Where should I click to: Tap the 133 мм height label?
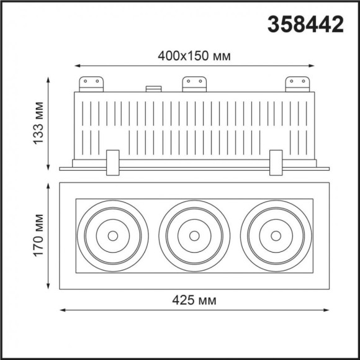(38, 123)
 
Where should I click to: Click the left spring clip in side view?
(112, 163)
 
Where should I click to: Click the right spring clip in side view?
(276, 163)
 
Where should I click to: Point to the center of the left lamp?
(112, 235)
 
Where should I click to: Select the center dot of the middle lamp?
(194, 235)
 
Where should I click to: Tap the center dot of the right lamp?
(276, 235)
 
